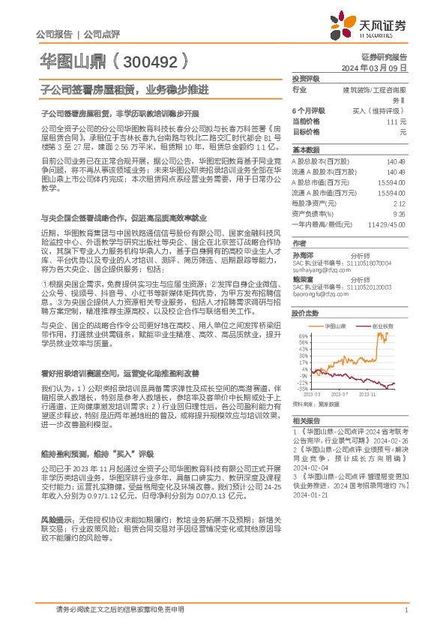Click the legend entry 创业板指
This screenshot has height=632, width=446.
(x=382, y=305)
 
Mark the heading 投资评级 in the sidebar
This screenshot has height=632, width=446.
(x=305, y=79)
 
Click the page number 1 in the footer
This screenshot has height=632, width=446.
(x=406, y=609)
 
